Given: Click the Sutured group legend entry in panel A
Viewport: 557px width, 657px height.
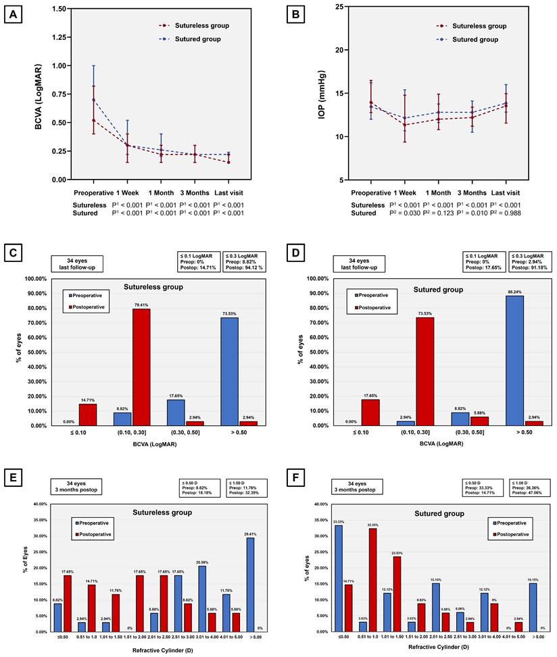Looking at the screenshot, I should tap(195, 39).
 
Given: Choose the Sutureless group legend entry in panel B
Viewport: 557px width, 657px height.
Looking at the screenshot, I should tap(473, 26).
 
